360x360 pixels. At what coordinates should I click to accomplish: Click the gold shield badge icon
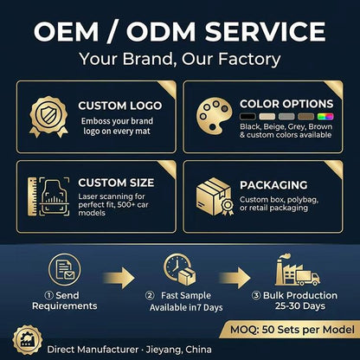click(48, 116)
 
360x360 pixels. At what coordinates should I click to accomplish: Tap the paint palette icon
click(214, 115)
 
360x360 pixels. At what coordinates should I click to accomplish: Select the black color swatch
click(247, 117)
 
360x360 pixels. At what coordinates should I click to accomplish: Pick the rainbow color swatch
click(325, 117)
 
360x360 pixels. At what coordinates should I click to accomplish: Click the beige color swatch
click(267, 117)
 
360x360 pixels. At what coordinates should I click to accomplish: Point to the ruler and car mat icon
click(48, 196)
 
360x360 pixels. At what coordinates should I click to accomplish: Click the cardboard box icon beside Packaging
click(215, 196)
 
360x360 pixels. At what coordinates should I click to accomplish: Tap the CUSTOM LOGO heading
click(120, 106)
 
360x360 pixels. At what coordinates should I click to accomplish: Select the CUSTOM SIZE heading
click(116, 183)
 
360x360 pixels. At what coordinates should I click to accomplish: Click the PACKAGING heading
click(273, 185)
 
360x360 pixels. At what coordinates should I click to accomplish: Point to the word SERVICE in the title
click(266, 31)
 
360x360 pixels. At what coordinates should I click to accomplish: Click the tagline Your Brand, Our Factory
click(180, 59)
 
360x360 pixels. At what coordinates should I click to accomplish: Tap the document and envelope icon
click(65, 269)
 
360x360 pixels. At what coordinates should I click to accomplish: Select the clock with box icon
click(179, 269)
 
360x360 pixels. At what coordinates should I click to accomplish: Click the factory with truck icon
click(298, 270)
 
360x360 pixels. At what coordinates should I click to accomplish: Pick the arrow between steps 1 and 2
click(119, 278)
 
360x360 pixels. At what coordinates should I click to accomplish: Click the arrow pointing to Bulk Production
click(235, 278)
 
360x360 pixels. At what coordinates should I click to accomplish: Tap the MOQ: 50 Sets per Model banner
click(290, 330)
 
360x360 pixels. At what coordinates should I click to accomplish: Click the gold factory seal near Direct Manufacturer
click(28, 340)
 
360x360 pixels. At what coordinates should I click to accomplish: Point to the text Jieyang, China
click(179, 350)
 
